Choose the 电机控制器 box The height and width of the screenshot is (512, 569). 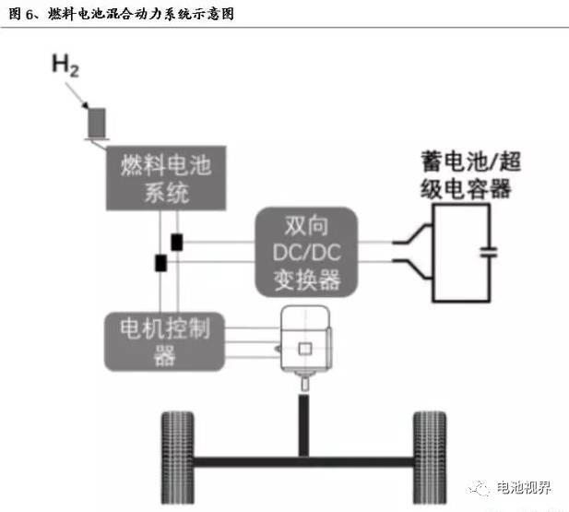[164, 340]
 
